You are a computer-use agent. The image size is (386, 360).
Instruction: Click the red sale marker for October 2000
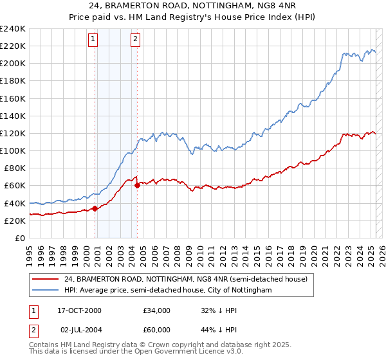pos(95,208)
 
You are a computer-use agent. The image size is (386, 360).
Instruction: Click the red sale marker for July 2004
pos(137,185)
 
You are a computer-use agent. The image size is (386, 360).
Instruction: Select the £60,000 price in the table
pos(157,330)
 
